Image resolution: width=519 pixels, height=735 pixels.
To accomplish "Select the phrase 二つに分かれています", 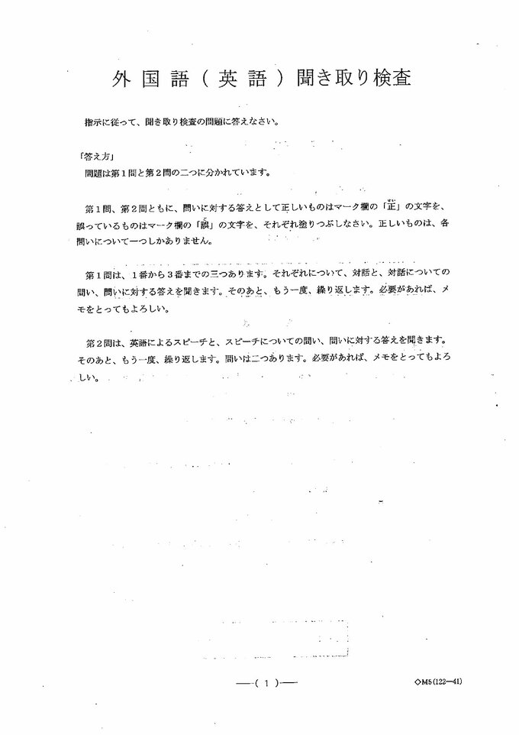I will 227,172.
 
